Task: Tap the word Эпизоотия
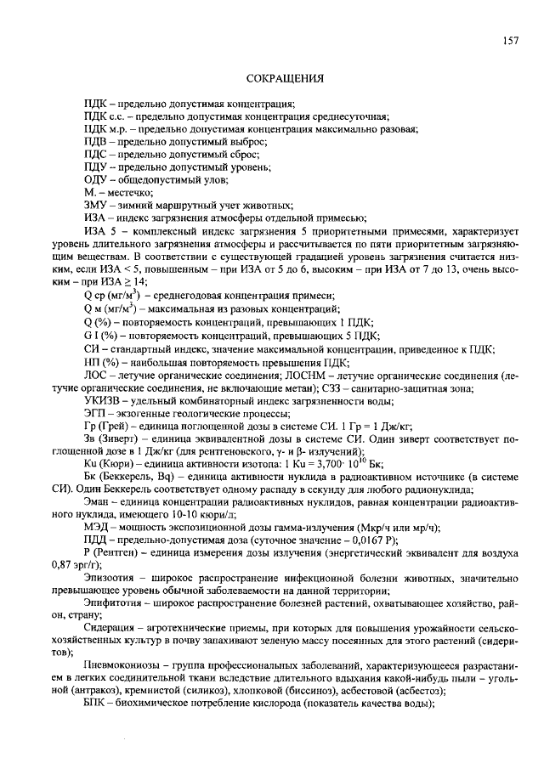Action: point(108,578)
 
